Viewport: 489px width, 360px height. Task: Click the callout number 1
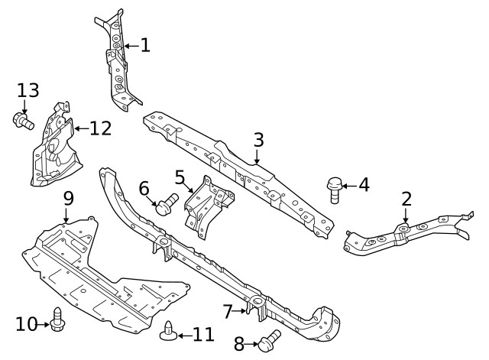click(x=146, y=46)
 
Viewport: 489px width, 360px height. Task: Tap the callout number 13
click(x=28, y=90)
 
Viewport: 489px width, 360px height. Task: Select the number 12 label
click(x=101, y=128)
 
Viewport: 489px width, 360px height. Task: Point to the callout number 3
click(x=258, y=140)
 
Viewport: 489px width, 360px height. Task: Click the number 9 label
click(x=69, y=199)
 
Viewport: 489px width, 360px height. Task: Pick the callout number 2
click(x=406, y=199)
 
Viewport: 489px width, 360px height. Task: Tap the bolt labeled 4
click(x=335, y=190)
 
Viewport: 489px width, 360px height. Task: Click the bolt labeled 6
click(x=167, y=204)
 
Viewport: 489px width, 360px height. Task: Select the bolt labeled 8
click(x=269, y=341)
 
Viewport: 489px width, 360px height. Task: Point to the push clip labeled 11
click(x=168, y=331)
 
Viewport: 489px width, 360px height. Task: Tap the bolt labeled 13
click(x=24, y=121)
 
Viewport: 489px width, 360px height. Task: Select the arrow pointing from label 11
click(x=185, y=336)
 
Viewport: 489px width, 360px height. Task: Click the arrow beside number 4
click(x=349, y=186)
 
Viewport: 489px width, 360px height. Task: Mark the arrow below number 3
click(x=257, y=157)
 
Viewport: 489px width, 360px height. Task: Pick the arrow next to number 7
click(x=239, y=311)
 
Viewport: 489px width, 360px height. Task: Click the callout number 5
click(x=180, y=177)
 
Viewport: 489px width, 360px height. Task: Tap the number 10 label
click(x=27, y=324)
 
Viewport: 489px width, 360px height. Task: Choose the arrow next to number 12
click(x=82, y=128)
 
